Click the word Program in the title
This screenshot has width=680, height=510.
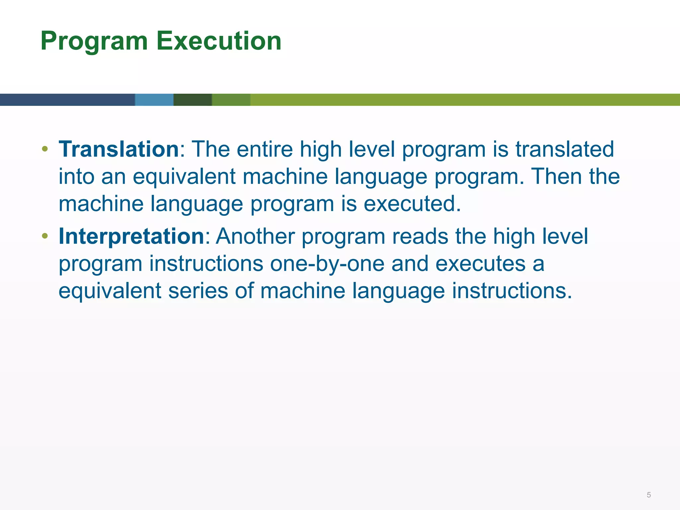(94, 41)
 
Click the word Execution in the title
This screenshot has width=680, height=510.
(219, 41)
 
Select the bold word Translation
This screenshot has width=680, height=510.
(119, 149)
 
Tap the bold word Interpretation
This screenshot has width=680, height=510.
(131, 236)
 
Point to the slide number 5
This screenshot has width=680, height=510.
(648, 495)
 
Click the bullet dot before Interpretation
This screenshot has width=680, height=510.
(45, 236)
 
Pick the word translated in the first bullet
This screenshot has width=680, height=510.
(564, 149)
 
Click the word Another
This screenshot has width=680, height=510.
(255, 236)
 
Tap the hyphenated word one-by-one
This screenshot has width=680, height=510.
(327, 263)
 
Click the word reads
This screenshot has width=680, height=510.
(420, 236)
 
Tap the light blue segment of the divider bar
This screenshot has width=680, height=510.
(154, 100)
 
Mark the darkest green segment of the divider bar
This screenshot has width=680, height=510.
(193, 100)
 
